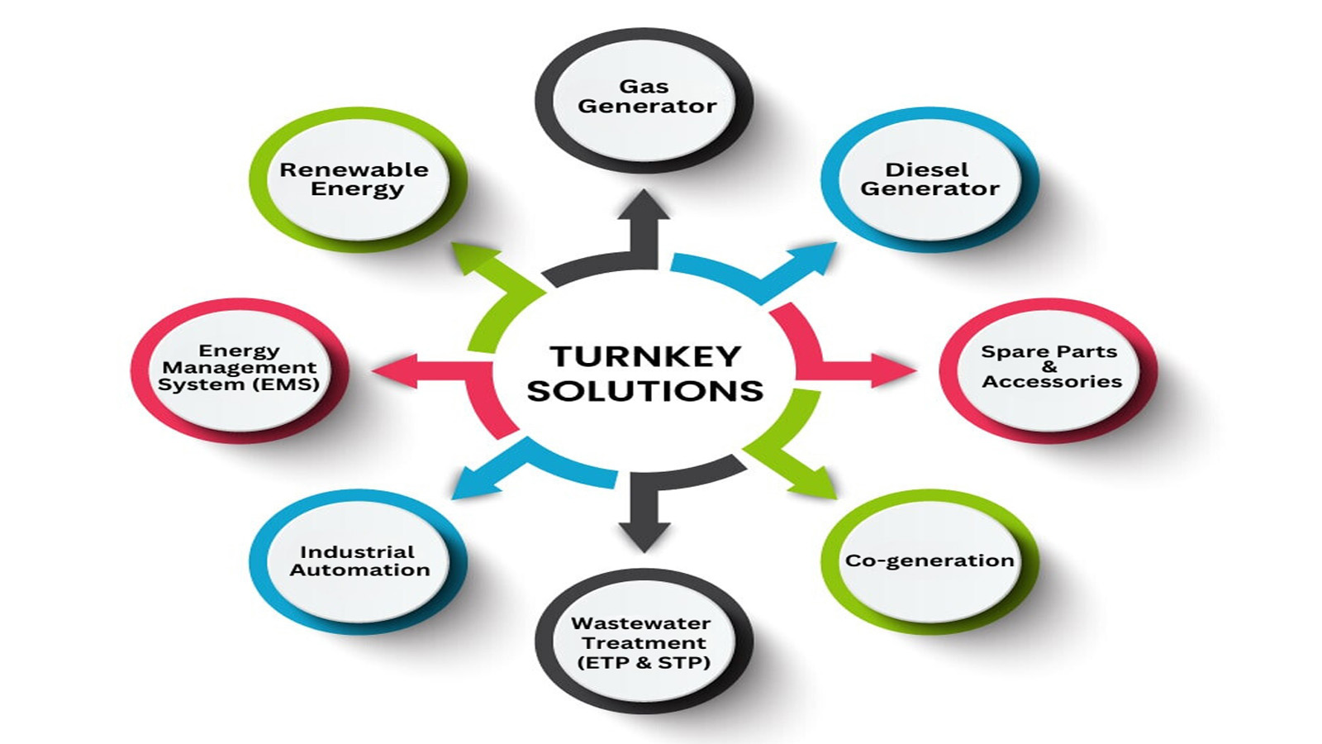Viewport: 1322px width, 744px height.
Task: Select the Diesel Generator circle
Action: point(929,179)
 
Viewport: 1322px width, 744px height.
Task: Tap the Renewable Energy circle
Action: point(355,179)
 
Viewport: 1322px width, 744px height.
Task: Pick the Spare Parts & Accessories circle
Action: point(1049,367)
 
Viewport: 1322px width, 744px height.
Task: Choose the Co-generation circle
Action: point(929,560)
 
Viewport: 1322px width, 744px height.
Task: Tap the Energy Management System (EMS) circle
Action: point(239,367)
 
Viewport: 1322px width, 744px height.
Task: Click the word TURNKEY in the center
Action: point(645,356)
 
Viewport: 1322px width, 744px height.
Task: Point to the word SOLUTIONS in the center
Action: point(645,390)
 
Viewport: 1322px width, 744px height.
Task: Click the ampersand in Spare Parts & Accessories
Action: point(1049,366)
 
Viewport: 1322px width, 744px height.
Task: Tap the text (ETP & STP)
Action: point(644,662)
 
